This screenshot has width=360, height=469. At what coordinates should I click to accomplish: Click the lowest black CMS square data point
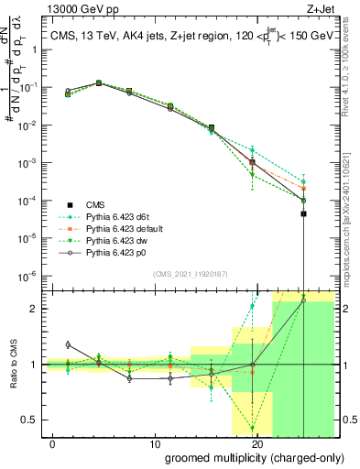(303, 213)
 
